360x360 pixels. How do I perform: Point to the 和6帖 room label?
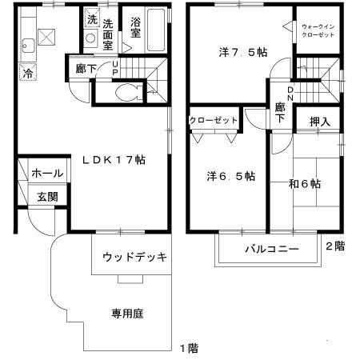coord(305,183)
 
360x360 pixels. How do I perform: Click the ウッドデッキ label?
coord(134,258)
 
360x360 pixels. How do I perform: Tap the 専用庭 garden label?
coord(126,314)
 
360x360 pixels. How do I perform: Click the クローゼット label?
coord(214,120)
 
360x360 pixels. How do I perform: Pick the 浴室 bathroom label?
coord(135,29)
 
